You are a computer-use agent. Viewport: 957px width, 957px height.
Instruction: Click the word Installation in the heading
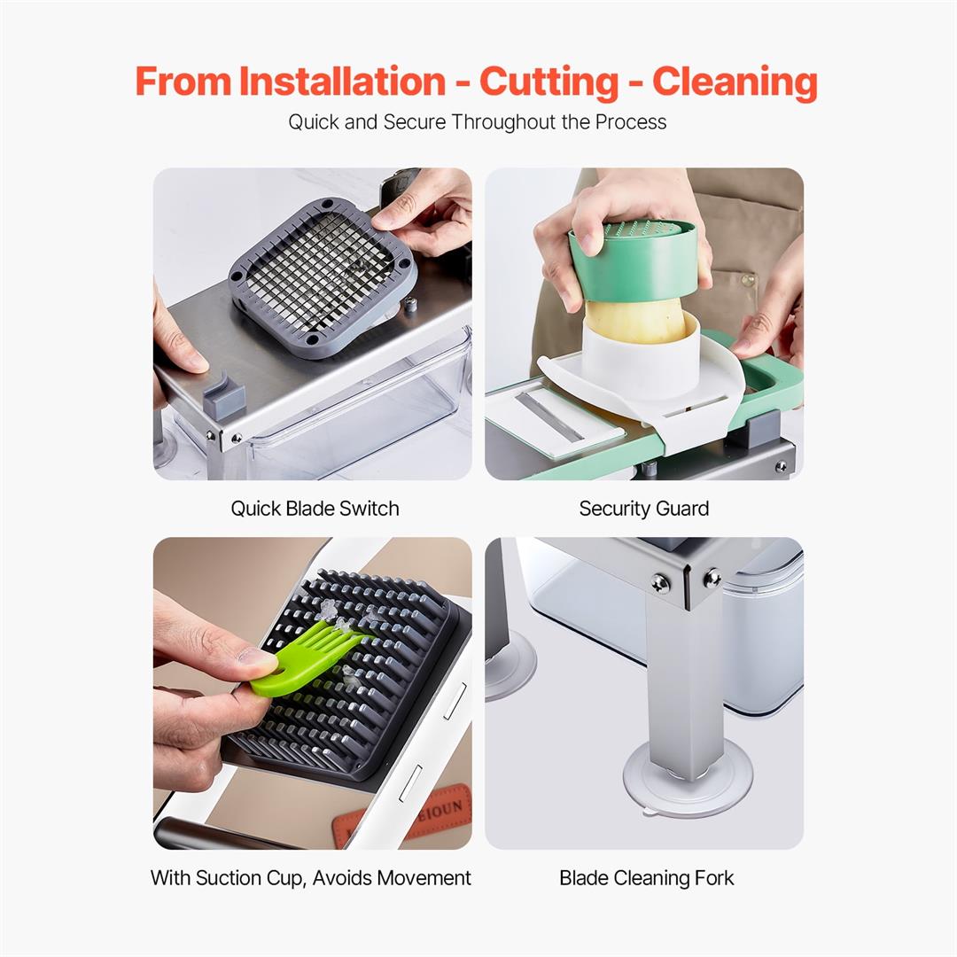(342, 82)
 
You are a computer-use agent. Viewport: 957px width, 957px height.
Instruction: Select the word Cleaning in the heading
(735, 82)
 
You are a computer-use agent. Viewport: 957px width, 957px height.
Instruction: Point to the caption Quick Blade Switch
(315, 509)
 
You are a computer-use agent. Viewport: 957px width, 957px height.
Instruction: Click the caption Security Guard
(643, 509)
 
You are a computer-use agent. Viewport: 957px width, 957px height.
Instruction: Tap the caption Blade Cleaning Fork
(646, 878)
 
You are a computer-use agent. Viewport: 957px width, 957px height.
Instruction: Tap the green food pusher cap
(633, 262)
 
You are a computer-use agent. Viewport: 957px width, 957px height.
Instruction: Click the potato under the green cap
(634, 321)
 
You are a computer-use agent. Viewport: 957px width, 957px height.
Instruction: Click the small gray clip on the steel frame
(222, 397)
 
